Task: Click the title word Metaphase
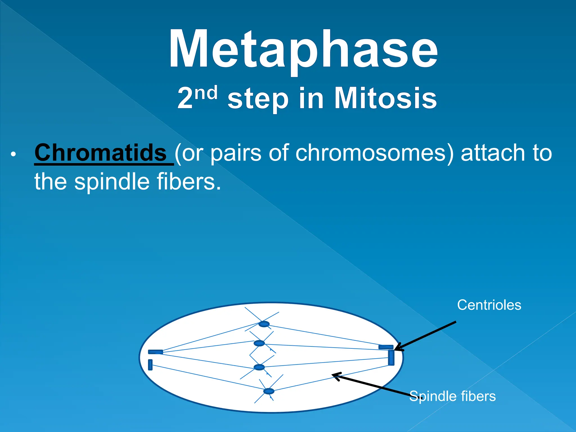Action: point(303,49)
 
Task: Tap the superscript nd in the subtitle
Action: point(206,93)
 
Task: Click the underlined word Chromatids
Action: point(100,153)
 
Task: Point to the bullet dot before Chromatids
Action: point(13,154)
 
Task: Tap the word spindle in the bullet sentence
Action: point(112,182)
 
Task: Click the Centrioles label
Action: point(489,305)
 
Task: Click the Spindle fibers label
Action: point(452,396)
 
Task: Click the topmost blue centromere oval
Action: point(264,324)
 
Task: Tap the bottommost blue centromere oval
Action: point(269,391)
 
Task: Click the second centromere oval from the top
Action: point(259,343)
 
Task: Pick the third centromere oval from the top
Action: point(259,367)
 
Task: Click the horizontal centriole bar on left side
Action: point(156,352)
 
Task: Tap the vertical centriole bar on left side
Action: point(150,365)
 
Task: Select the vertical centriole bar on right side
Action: point(391,358)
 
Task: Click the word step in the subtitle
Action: point(258,99)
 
